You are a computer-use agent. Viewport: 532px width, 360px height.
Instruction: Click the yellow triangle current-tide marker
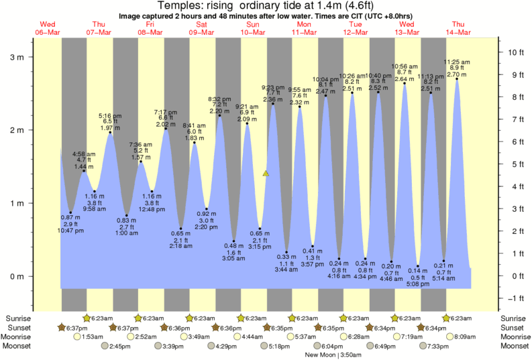pos(266,174)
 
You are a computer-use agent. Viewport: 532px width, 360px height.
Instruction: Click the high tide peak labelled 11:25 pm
pos(458,79)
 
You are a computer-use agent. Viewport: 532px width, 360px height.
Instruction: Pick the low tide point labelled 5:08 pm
pos(418,266)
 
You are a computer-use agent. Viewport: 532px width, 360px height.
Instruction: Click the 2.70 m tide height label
pos(458,74)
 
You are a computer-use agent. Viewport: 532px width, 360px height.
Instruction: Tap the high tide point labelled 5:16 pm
pos(110,133)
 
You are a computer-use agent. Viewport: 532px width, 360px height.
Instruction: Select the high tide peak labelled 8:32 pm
pos(219,115)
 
